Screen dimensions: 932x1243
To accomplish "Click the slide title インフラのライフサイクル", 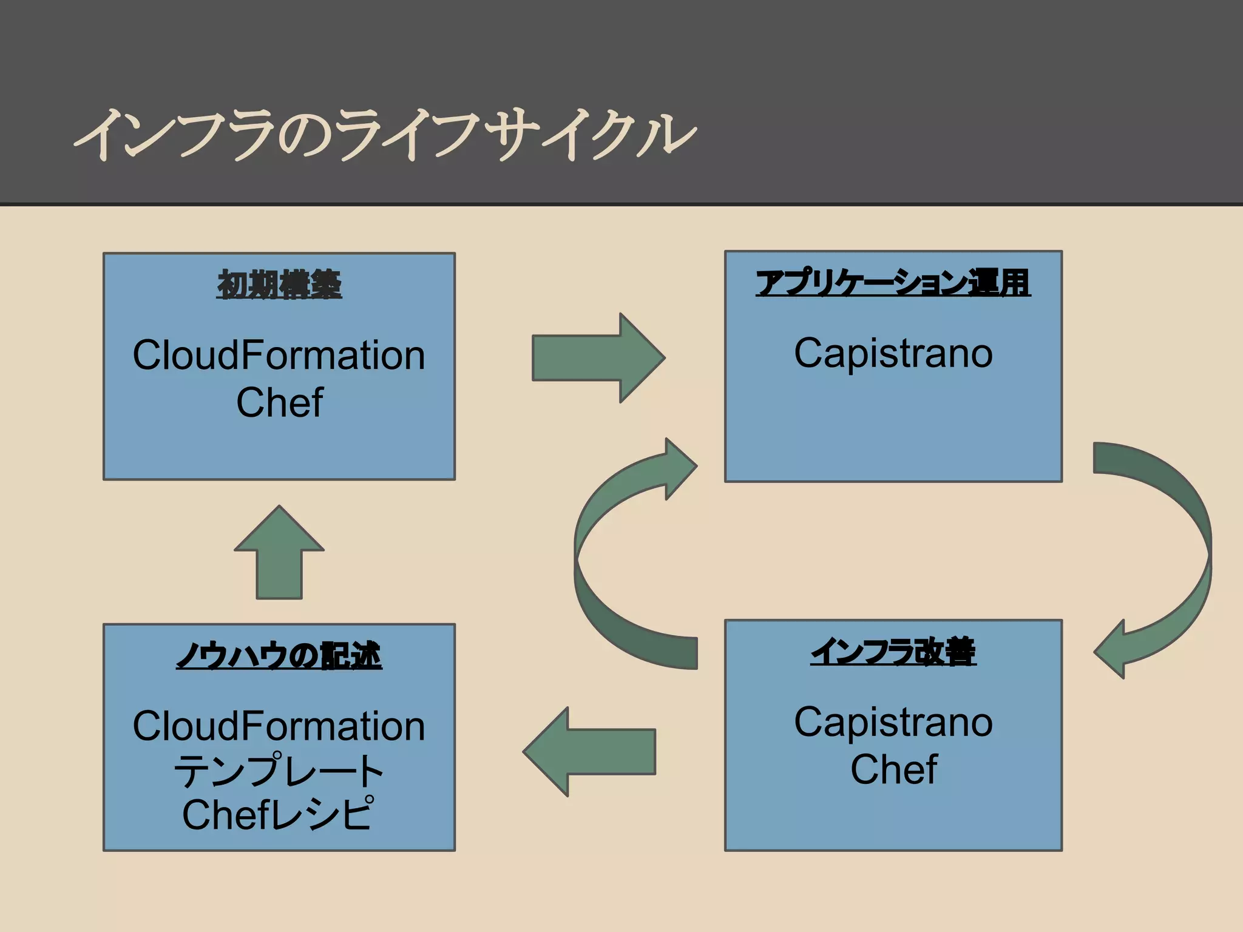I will (384, 135).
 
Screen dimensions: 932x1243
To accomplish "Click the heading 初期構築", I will (279, 285).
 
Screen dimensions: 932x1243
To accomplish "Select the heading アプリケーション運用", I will (893, 283).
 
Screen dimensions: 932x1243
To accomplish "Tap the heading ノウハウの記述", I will (279, 656).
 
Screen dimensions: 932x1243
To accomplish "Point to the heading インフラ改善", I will (893, 652).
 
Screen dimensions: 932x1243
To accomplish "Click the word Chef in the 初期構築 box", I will (279, 402).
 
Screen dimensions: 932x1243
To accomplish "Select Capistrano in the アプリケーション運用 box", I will (893, 353).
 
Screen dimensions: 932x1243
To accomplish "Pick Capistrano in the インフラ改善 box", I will (893, 723).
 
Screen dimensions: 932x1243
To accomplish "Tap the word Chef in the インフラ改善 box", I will (893, 769).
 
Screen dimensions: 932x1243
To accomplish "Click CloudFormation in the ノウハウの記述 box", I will (279, 726).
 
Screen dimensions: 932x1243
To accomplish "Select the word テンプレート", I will (279, 770).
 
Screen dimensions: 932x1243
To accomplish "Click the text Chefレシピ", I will (277, 814).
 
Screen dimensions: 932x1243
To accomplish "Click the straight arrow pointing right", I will (598, 358).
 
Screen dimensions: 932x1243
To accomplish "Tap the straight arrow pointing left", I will (589, 752).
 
